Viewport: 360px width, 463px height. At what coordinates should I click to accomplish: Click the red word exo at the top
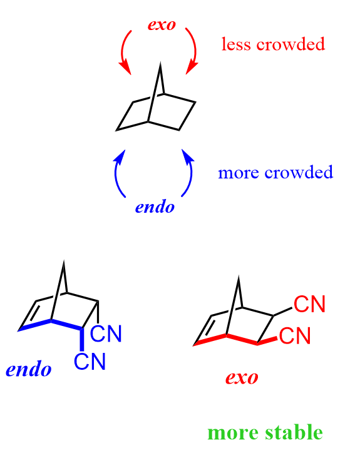coord(162,25)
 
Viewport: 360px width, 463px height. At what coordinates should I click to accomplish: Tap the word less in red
coord(236,44)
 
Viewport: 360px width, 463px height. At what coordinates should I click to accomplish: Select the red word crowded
coord(291,44)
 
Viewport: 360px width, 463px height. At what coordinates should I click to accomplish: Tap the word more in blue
coord(239,173)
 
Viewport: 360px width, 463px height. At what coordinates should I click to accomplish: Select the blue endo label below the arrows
coord(155,207)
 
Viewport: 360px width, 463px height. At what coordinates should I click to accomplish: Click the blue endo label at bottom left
coord(29,369)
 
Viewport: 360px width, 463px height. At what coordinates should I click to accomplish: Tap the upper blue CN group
coord(106,334)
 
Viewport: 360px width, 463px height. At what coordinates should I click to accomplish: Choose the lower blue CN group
coord(90,361)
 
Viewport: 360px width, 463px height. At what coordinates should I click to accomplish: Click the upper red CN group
coord(309,304)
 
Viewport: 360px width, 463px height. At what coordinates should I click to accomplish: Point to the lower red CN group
coord(295,335)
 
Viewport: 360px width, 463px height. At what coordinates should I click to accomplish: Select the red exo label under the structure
coord(242,378)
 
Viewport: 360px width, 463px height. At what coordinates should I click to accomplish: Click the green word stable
coord(294,432)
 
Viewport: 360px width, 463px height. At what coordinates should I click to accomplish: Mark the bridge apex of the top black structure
coord(160,63)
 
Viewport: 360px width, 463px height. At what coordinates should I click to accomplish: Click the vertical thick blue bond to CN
coord(82,340)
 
